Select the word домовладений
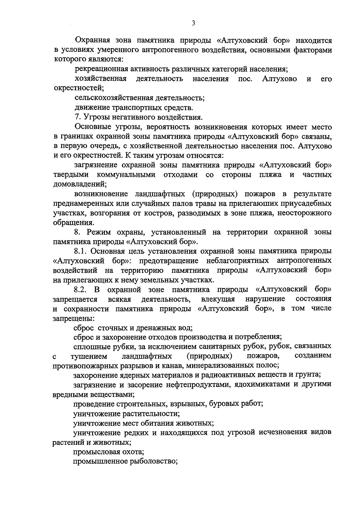(79, 184)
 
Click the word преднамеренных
(81, 204)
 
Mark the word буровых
(222, 404)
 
